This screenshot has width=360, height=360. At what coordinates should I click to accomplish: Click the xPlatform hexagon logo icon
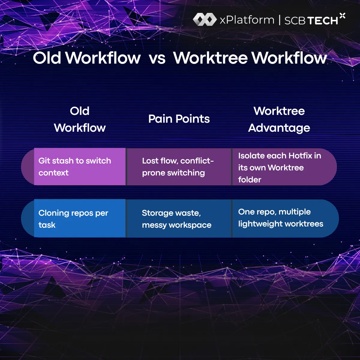(205, 19)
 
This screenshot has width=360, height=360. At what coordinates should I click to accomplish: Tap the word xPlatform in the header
(247, 20)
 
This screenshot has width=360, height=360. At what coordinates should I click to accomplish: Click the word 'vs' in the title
(157, 58)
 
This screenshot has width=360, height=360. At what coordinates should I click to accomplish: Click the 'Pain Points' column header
(179, 119)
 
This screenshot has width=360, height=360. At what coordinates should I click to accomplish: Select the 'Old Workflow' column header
(80, 119)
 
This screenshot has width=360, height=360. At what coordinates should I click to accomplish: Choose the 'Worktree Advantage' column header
(279, 119)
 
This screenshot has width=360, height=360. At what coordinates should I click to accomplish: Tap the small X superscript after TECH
(342, 16)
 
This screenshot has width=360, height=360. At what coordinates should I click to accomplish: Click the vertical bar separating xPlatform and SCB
(279, 20)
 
